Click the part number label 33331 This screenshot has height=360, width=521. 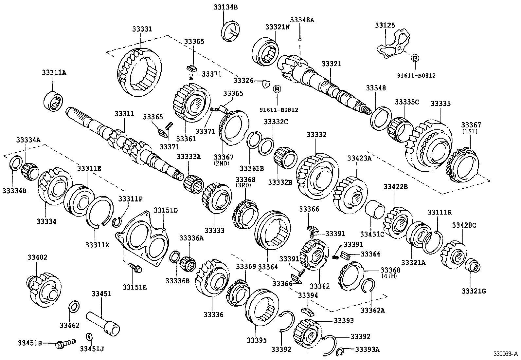coord(142,29)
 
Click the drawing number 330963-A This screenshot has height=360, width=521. coord(506,354)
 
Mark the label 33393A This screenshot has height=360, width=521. coord(367,350)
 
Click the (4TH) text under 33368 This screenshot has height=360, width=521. coord(389,276)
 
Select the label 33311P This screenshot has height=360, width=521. coord(130,199)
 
